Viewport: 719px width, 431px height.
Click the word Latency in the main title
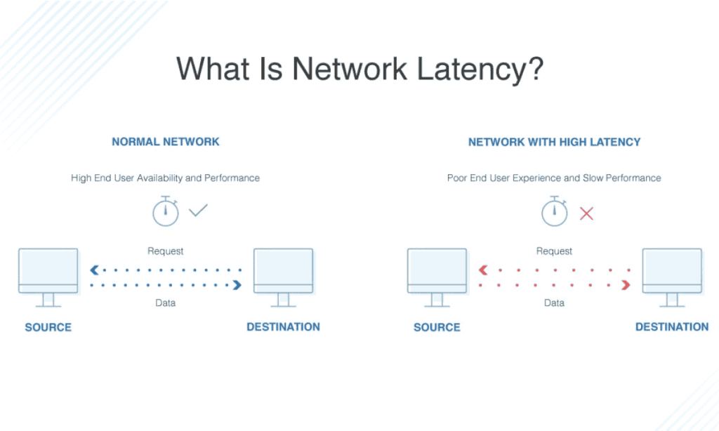coord(479,69)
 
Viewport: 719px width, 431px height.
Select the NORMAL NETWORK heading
coord(166,142)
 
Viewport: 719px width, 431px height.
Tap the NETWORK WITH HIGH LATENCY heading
coord(555,142)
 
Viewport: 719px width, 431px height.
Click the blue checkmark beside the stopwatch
coord(199,210)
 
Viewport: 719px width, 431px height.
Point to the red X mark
coord(586,213)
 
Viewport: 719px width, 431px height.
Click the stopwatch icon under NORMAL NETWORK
coord(166,211)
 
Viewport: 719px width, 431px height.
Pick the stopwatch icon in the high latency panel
coord(554,211)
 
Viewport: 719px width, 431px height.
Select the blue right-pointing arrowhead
coord(237,285)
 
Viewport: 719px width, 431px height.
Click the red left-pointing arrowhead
coord(483,270)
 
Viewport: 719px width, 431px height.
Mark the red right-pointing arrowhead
coord(626,285)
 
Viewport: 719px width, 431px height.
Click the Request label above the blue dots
coord(166,251)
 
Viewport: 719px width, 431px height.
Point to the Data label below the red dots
coord(554,303)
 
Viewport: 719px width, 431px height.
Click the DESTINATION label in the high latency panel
coord(672,326)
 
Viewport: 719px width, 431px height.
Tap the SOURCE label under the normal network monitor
coord(48,327)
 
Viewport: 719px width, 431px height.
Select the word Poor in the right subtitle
coord(459,178)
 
